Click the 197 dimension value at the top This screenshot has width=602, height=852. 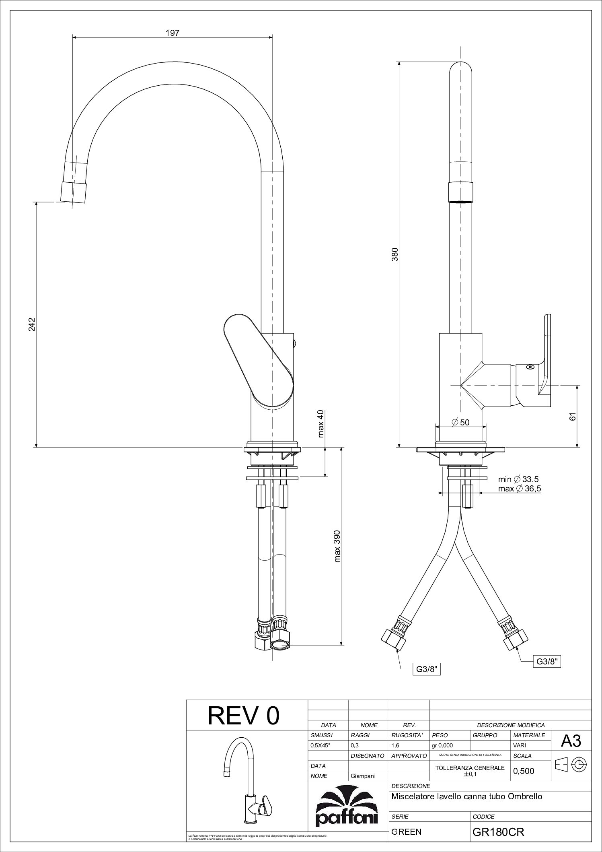[173, 33]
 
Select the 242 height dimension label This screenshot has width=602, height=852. [32, 324]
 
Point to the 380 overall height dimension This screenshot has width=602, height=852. [395, 254]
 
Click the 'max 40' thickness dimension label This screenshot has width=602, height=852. [321, 423]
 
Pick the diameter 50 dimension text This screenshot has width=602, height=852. [460, 422]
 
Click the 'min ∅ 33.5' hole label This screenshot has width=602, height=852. [518, 479]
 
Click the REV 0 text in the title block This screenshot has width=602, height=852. [243, 716]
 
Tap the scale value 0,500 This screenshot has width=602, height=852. [523, 771]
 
